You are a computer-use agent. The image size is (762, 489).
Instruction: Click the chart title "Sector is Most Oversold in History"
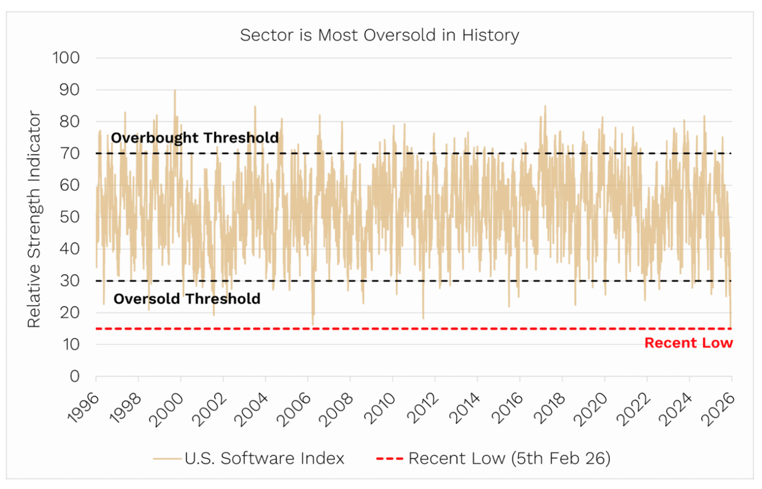(x=380, y=35)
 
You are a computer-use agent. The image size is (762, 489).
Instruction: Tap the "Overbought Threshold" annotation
(x=195, y=138)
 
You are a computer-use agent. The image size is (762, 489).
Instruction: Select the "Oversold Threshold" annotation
(x=187, y=299)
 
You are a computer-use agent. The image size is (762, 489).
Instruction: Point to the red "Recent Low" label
(x=688, y=343)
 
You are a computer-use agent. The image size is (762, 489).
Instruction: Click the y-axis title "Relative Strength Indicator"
(x=34, y=219)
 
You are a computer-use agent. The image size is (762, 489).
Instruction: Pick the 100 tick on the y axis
(x=66, y=58)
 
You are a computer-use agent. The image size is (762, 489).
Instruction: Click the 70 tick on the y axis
(x=70, y=154)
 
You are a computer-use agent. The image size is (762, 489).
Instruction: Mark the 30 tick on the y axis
(x=70, y=281)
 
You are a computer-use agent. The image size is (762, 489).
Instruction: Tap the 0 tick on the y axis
(x=75, y=376)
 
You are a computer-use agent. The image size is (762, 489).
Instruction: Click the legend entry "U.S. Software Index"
(x=264, y=458)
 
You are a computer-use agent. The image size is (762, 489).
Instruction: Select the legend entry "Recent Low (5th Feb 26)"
(x=509, y=458)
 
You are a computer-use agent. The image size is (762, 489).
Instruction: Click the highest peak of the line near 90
(x=175, y=91)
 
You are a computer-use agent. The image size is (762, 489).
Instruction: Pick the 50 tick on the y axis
(x=70, y=217)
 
